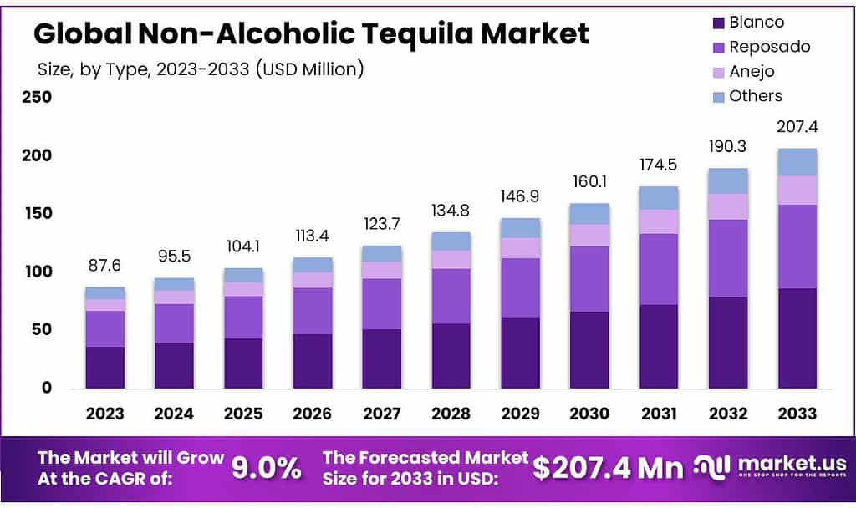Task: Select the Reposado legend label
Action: click(769, 47)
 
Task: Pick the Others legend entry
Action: click(756, 96)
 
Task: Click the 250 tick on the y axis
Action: click(36, 97)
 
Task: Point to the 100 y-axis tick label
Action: click(36, 272)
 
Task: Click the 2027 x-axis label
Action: click(382, 414)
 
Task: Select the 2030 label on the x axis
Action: click(589, 414)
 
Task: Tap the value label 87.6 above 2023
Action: click(104, 265)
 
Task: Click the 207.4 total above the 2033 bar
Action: click(797, 127)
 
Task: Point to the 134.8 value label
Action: click(451, 209)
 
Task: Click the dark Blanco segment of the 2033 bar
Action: click(797, 338)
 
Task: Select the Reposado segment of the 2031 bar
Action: click(658, 269)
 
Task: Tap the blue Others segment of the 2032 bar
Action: click(727, 180)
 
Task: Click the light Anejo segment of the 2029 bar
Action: click(520, 247)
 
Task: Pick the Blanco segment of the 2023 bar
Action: click(104, 367)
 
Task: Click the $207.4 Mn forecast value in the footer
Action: click(608, 468)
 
